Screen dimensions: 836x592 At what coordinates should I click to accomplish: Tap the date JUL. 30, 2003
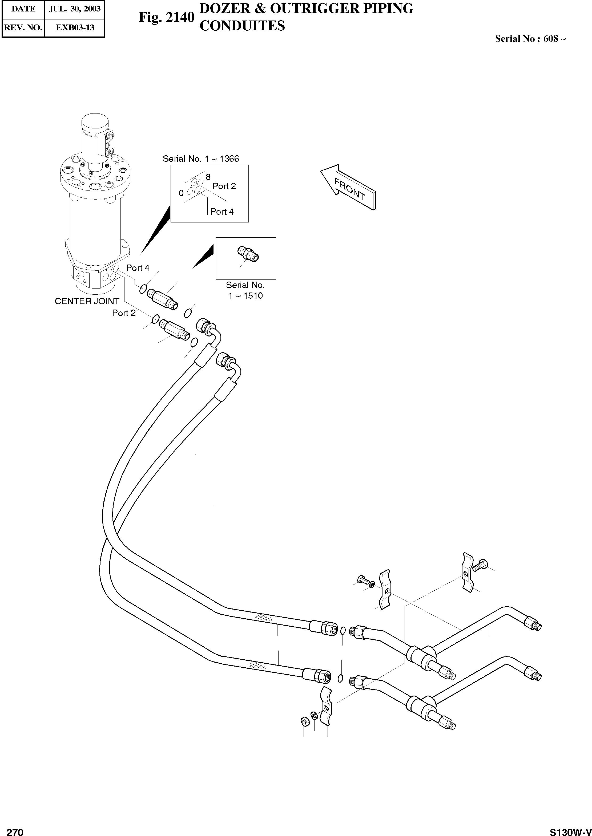tap(74, 9)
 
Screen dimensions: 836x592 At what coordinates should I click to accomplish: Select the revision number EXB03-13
tap(75, 27)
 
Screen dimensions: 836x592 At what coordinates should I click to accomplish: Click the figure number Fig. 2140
tap(167, 17)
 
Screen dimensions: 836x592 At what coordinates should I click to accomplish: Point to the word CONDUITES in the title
tap(242, 26)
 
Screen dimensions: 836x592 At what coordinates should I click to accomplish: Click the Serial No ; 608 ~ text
tap(530, 39)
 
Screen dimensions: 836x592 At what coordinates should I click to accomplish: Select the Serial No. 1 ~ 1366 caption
tap(201, 159)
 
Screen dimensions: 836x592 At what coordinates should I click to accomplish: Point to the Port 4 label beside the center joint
tap(138, 268)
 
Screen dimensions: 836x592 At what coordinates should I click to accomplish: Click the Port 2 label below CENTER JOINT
tap(124, 313)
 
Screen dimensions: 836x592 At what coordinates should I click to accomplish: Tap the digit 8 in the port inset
tap(208, 177)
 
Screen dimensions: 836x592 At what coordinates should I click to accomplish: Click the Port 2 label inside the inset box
tap(224, 186)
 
